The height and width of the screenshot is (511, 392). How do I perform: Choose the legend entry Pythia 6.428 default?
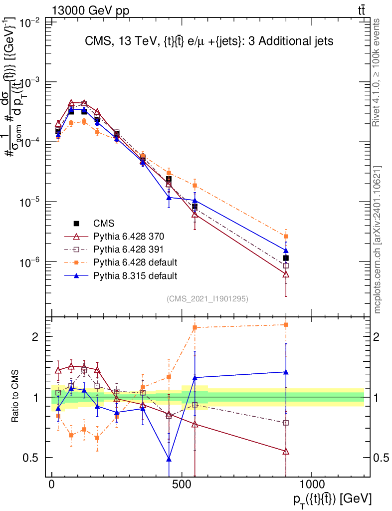pos(135,262)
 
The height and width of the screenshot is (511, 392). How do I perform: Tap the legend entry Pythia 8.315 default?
pos(135,275)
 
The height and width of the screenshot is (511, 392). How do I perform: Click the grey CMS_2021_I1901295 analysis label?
pos(207,299)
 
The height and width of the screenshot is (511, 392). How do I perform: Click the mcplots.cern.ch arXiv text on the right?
pos(378,240)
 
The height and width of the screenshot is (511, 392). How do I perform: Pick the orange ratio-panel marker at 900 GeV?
pos(286,325)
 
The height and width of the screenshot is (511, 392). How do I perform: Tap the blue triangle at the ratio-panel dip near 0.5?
pos(169,459)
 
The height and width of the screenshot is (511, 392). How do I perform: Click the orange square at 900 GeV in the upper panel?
pos(286,237)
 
